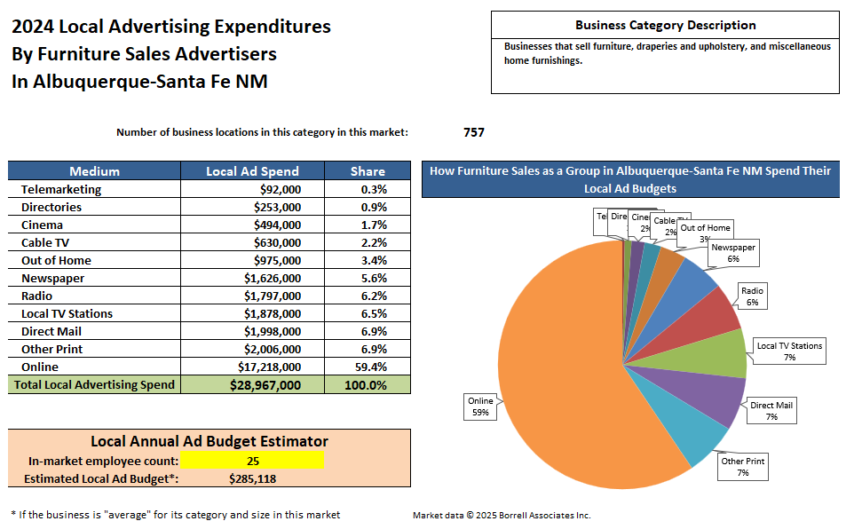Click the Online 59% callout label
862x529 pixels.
(x=480, y=407)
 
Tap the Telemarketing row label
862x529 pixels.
(x=61, y=189)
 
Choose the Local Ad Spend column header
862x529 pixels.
(x=252, y=171)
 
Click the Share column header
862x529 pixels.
(x=368, y=171)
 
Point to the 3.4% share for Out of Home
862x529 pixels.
(x=368, y=260)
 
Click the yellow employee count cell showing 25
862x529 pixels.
(x=252, y=460)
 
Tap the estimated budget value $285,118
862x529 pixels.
(x=252, y=478)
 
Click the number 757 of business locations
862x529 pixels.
(x=474, y=132)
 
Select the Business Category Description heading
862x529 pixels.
(x=665, y=26)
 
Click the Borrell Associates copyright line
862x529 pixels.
(x=502, y=515)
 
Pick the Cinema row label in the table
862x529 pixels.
(x=43, y=225)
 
